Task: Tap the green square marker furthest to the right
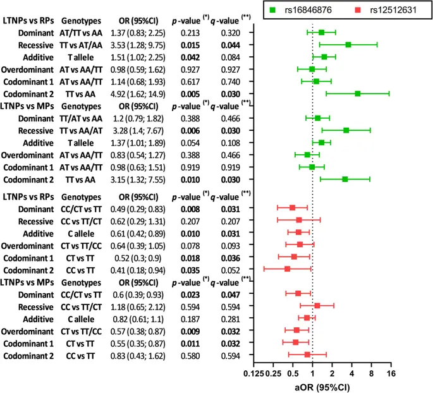point(358,93)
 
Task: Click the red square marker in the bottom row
point(307,354)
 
